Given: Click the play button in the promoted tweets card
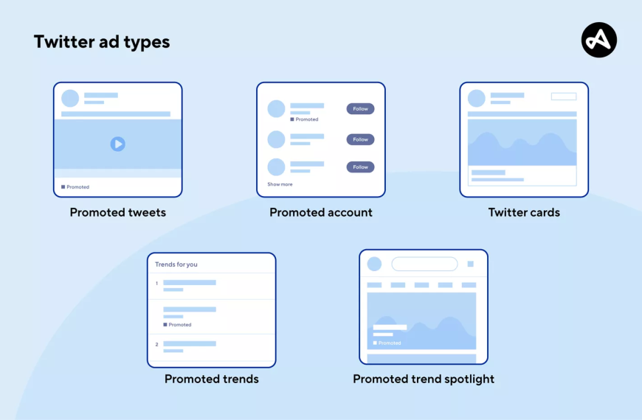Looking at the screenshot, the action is pyautogui.click(x=118, y=144).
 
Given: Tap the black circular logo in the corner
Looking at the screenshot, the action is pyautogui.click(x=599, y=40).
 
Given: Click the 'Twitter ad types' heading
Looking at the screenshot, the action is pyautogui.click(x=102, y=42).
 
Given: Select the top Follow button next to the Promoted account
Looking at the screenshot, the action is pyautogui.click(x=360, y=109).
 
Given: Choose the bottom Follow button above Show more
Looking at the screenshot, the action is pyautogui.click(x=360, y=167).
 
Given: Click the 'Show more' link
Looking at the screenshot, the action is pyautogui.click(x=280, y=184).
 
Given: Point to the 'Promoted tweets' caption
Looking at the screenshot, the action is pyautogui.click(x=118, y=212).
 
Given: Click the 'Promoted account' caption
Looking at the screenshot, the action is pyautogui.click(x=321, y=212).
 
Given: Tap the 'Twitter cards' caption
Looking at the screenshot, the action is pyautogui.click(x=524, y=212).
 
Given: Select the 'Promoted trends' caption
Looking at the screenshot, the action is pyautogui.click(x=212, y=379).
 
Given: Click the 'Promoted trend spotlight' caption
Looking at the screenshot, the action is pyautogui.click(x=424, y=379).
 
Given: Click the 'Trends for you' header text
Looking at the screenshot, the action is pyautogui.click(x=176, y=265).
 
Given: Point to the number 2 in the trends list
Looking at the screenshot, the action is pyautogui.click(x=157, y=344).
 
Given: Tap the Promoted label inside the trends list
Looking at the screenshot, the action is pyautogui.click(x=177, y=325).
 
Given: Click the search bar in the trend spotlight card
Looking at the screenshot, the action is pyautogui.click(x=424, y=264).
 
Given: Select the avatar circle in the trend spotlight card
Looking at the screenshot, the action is pyautogui.click(x=374, y=264).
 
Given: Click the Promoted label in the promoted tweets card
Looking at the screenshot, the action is pyautogui.click(x=75, y=187).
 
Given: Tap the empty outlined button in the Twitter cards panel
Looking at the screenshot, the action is pyautogui.click(x=564, y=97).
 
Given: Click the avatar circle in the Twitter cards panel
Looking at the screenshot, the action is pyautogui.click(x=477, y=98).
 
